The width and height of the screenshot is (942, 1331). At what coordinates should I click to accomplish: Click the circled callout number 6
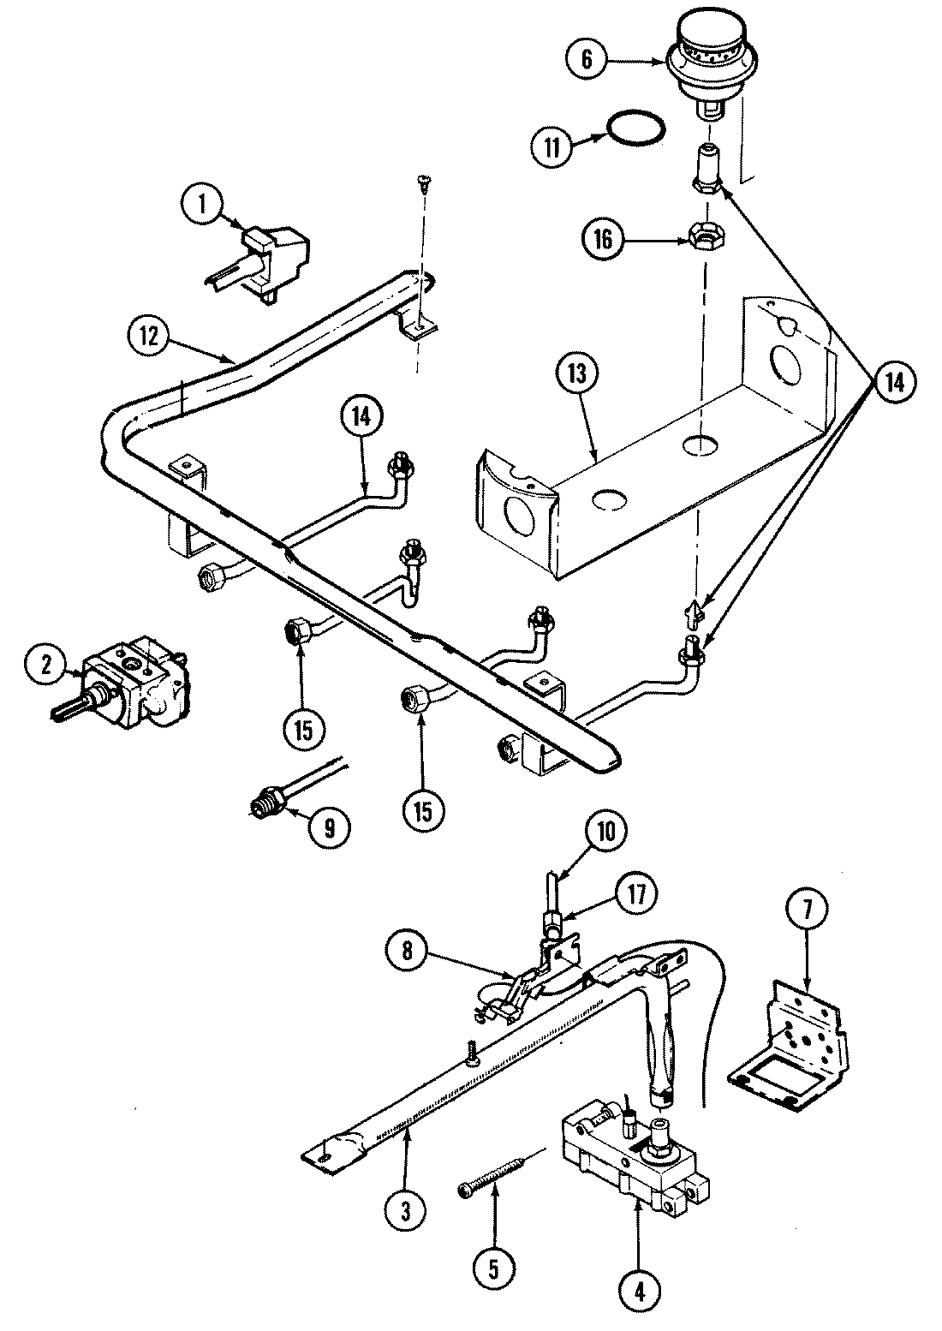coord(586,59)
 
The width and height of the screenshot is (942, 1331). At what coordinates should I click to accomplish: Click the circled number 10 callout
coord(605,830)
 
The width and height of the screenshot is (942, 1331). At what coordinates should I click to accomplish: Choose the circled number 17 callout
coord(637,893)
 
